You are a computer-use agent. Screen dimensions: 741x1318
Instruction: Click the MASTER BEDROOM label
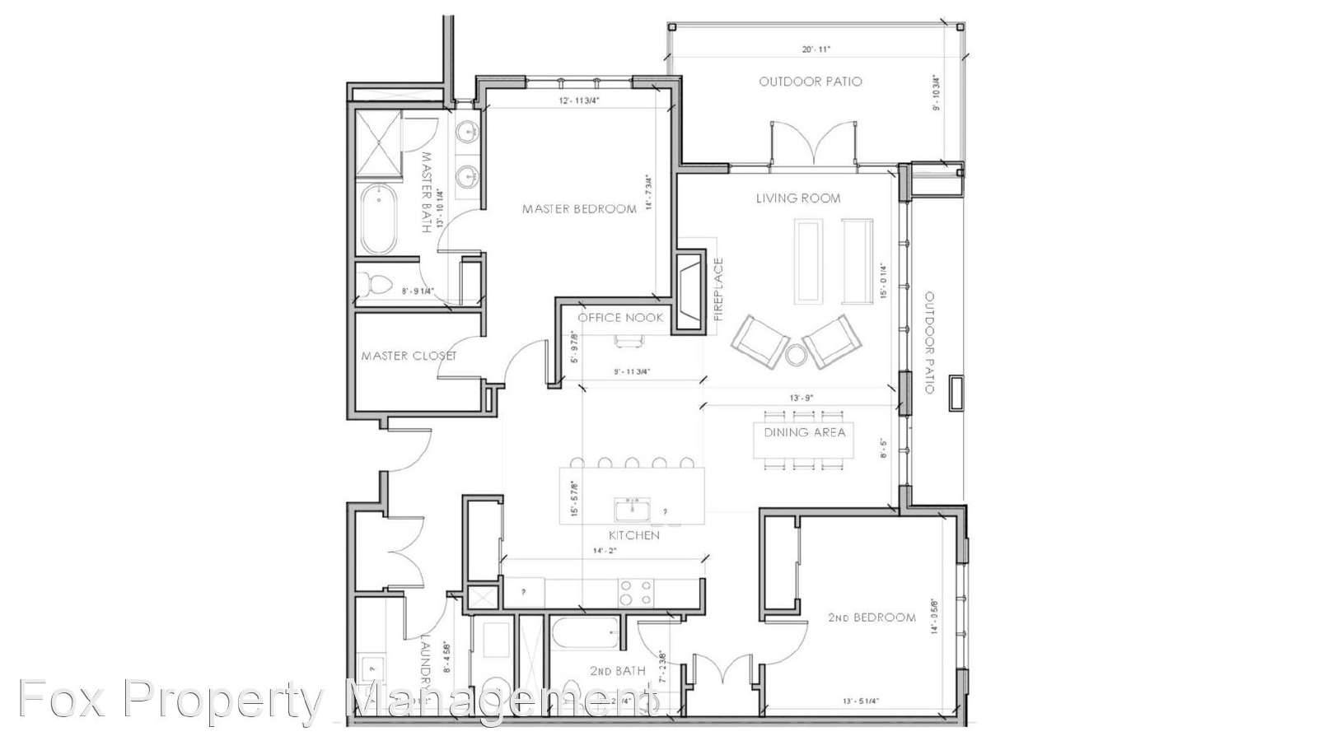coord(579,209)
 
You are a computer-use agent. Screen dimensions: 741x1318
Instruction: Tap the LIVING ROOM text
coord(798,198)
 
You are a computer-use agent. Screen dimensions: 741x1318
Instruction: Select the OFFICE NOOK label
coord(620,318)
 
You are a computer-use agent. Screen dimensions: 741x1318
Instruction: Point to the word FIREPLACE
coord(718,289)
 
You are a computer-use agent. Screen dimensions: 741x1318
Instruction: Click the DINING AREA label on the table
coord(804,432)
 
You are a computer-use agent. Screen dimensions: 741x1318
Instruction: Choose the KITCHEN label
coord(634,535)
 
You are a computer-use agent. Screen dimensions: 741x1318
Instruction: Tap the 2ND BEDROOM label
coord(872,617)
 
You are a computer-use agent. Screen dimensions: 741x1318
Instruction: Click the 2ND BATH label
coord(617,671)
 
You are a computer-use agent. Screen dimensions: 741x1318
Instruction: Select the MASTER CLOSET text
coord(409,357)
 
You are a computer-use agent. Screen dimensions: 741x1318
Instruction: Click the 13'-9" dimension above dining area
coord(802,398)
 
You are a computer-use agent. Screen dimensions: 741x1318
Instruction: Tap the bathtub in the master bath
coord(379,218)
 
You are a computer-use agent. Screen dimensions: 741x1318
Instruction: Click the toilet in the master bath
coord(377,285)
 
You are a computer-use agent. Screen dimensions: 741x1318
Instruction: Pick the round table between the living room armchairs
coord(796,356)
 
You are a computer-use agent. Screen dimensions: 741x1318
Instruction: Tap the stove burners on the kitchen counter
coord(635,593)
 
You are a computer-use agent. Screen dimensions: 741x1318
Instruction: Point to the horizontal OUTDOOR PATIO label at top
coord(811,82)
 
